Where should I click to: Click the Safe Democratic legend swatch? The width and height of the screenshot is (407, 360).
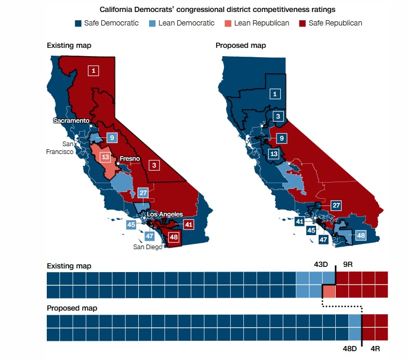tap(78, 23)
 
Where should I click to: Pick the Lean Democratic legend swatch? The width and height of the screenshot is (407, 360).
tap(153, 23)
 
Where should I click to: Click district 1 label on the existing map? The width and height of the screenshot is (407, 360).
tap(93, 70)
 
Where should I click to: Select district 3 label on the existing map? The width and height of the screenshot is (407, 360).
tap(154, 165)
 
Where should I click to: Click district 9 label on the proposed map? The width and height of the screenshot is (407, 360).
tap(281, 138)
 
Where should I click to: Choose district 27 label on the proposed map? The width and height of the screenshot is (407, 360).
tap(336, 205)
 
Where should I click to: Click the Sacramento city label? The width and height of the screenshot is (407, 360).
tap(71, 121)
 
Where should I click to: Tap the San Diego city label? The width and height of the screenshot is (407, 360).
tap(148, 247)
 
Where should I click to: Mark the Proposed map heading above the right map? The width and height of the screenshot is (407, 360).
tap(241, 45)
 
